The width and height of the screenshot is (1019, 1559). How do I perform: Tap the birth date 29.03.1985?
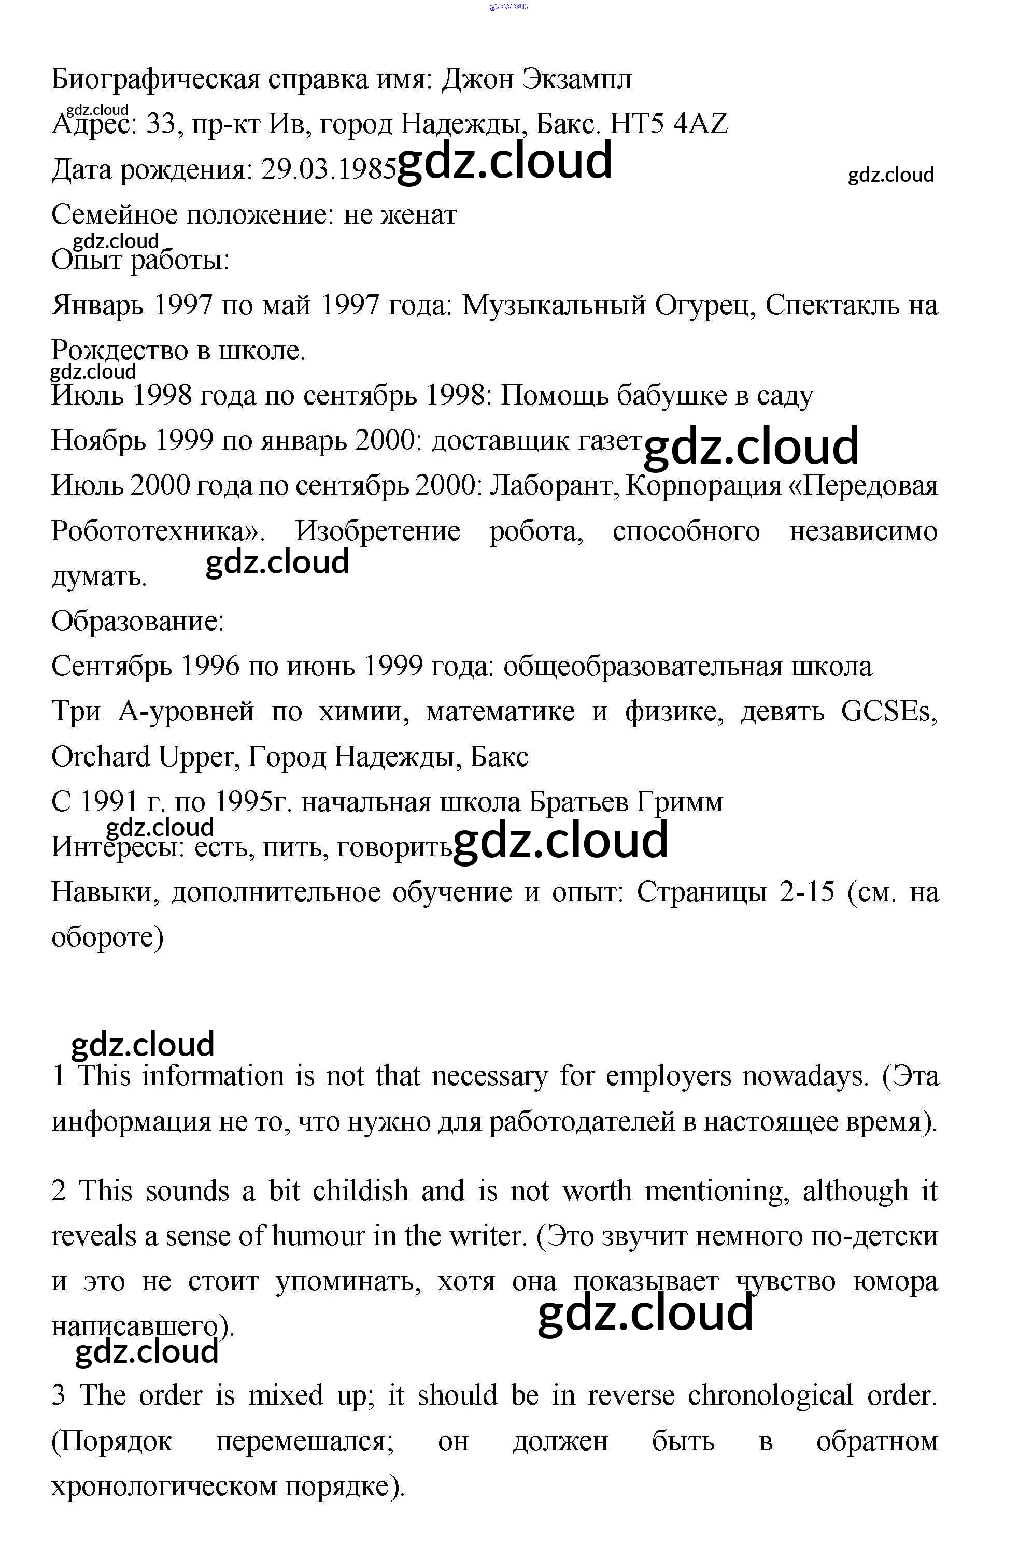pos(328,170)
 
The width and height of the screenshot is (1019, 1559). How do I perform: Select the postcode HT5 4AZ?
pos(669,124)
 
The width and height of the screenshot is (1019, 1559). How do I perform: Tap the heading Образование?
pos(138,621)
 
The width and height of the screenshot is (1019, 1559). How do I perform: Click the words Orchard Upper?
pos(143,757)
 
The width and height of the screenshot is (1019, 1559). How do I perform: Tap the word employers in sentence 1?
pos(668,1076)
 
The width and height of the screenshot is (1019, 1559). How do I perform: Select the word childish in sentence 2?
pos(360,1191)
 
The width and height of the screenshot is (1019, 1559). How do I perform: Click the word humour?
pos(318,1236)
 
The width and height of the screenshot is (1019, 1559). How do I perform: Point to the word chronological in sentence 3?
pos(769,1396)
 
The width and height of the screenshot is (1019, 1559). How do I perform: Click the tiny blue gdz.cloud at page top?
pos(509,6)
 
